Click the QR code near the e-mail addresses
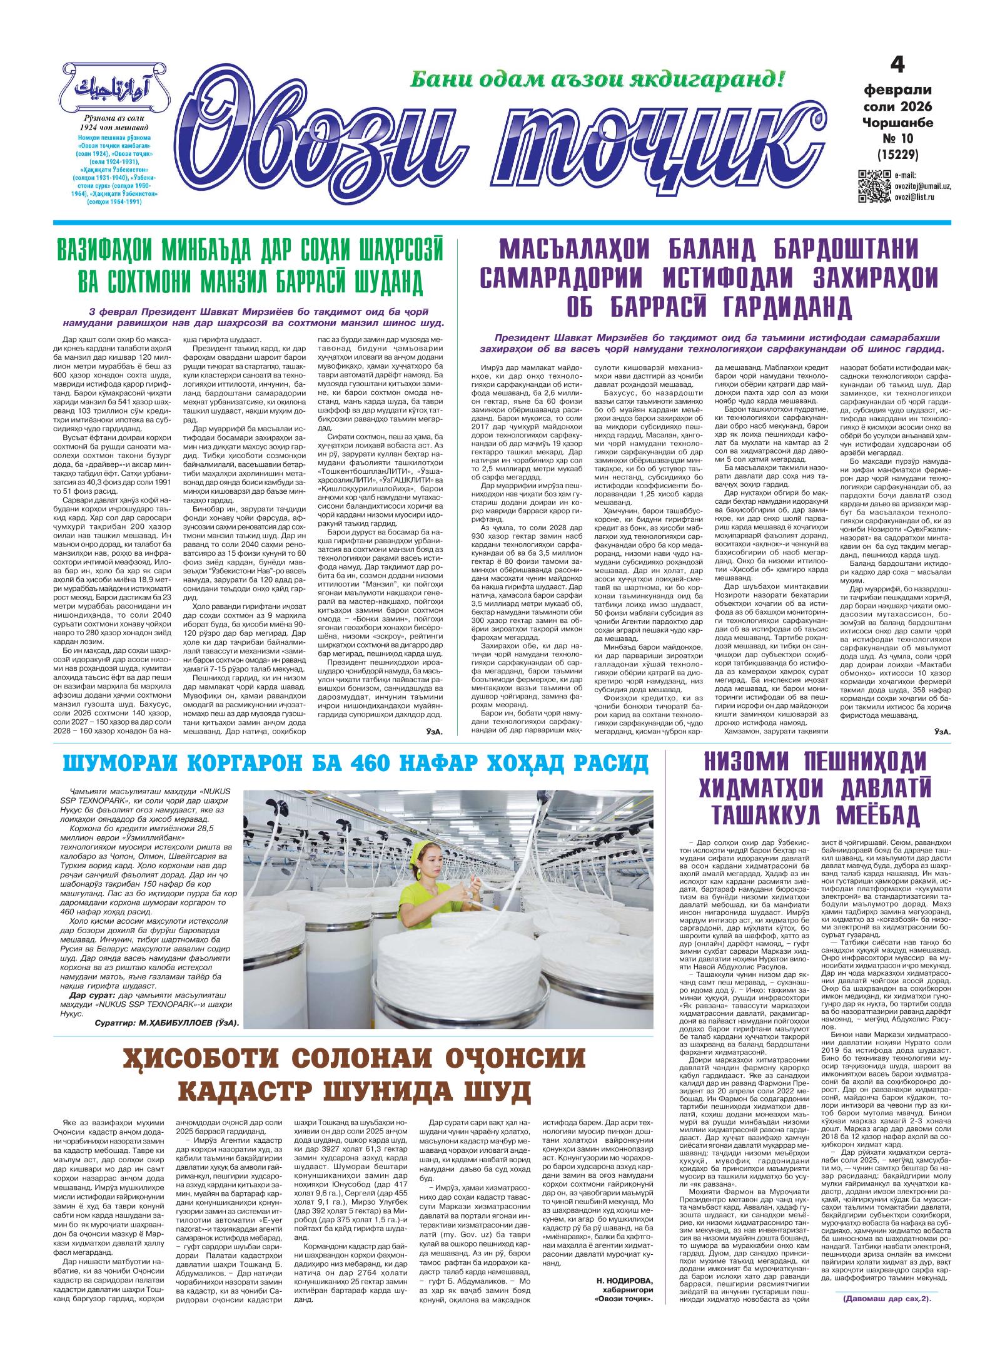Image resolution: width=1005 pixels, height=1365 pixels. pos(874,186)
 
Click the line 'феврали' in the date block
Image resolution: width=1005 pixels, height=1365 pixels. pos(898,91)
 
